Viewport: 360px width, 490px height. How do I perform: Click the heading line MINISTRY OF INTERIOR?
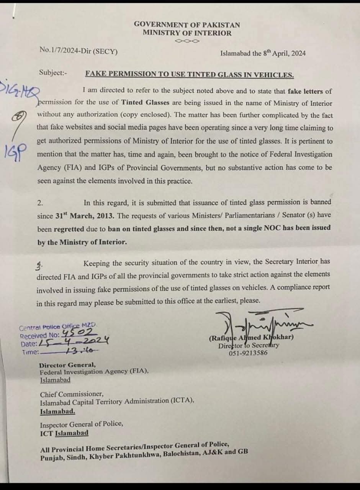tap(187, 33)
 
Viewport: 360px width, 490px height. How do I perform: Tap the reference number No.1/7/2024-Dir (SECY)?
tap(79, 50)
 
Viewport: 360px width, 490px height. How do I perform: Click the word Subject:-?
tap(53, 72)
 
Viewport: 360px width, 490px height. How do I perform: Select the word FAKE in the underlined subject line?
tap(96, 74)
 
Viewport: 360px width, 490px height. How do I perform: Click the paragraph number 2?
tap(40, 202)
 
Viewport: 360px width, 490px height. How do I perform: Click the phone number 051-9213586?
tap(248, 353)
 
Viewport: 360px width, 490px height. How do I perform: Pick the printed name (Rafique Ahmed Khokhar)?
tap(251, 338)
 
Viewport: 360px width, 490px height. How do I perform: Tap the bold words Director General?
tap(68, 365)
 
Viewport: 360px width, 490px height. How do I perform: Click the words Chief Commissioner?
tap(72, 394)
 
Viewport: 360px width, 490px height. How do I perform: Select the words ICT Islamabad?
tap(64, 433)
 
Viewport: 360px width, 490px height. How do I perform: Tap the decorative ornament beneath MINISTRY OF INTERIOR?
tap(187, 41)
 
